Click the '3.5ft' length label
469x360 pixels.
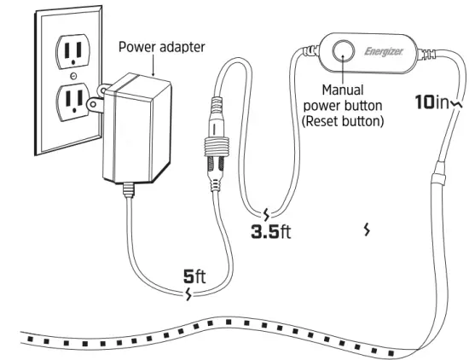[x=270, y=231]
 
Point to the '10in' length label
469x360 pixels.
[x=431, y=102]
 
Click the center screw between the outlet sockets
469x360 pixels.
[x=72, y=77]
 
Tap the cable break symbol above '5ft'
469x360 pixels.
[x=189, y=295]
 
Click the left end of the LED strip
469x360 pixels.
[x=26, y=340]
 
